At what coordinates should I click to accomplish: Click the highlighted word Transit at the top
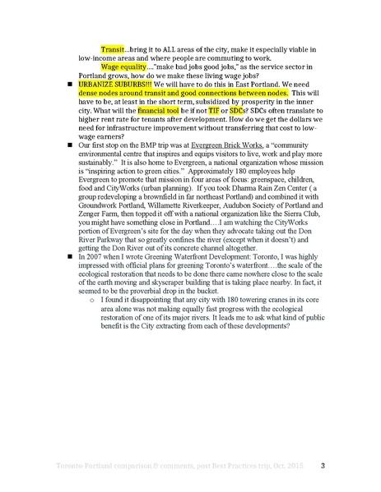(x=113, y=49)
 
